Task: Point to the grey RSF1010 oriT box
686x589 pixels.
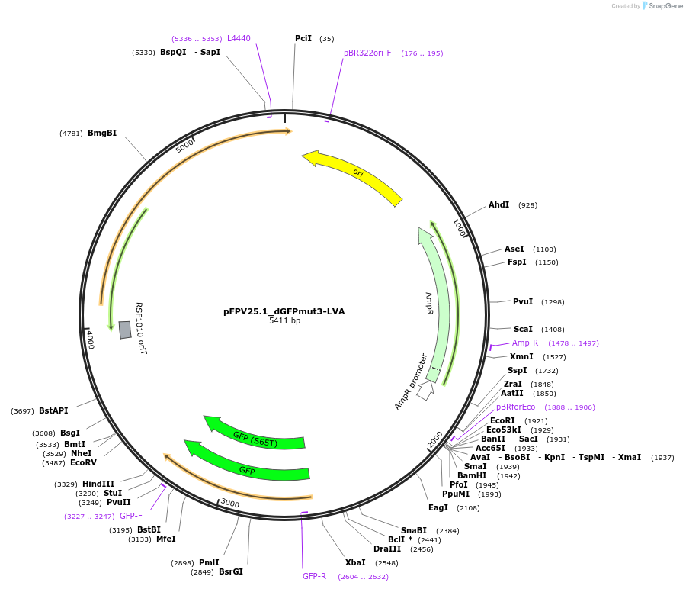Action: [125, 330]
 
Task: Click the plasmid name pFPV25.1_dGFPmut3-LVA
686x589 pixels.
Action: [284, 311]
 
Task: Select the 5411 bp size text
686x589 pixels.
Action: [284, 321]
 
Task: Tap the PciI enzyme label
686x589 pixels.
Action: [303, 39]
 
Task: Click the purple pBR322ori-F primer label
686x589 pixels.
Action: [367, 53]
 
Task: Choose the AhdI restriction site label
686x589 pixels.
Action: [498, 205]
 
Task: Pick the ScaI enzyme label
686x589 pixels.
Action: [523, 329]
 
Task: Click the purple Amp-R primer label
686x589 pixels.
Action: [525, 343]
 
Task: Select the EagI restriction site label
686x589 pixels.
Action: [438, 507]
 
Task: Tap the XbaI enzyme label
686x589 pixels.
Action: [355, 562]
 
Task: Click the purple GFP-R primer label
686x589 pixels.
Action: [314, 576]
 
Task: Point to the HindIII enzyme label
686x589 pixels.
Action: [98, 484]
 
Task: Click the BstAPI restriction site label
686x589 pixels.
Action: [53, 410]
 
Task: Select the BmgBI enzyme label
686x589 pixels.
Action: [102, 134]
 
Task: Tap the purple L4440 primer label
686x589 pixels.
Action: [239, 38]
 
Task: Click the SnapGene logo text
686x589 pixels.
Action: [665, 6]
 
